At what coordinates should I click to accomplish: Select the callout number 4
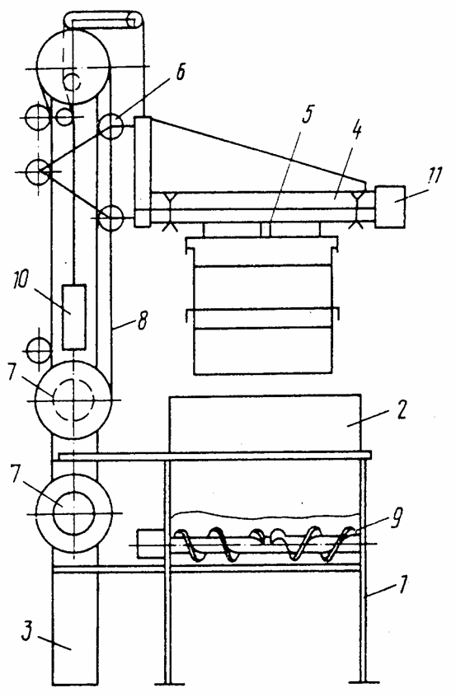coord(356,132)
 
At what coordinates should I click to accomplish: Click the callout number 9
coord(397,517)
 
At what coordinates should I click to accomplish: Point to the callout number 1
coord(402,584)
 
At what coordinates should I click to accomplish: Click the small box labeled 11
coord(390,207)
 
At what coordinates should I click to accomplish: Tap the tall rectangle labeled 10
coord(74,317)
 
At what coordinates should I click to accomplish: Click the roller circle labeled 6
coord(110,126)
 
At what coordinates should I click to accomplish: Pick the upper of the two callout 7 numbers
coord(13,374)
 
